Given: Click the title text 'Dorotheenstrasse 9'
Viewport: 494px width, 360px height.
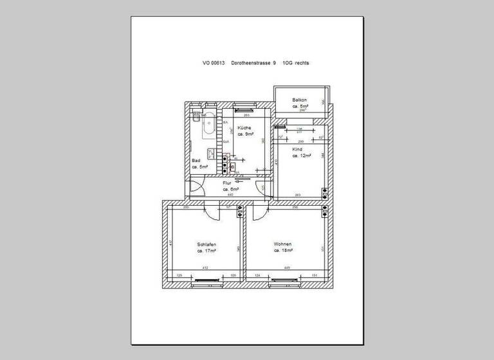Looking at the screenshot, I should click(x=253, y=63).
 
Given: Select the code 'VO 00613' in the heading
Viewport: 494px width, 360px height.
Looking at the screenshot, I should click(x=214, y=63).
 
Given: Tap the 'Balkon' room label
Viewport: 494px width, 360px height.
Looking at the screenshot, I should click(x=299, y=100).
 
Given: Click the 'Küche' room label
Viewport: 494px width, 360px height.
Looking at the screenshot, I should click(x=244, y=129).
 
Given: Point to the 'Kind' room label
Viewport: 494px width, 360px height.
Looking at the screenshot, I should click(x=297, y=149).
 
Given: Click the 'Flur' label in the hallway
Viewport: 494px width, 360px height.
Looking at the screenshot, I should click(x=228, y=183).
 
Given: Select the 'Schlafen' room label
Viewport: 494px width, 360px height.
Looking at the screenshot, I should click(x=206, y=244).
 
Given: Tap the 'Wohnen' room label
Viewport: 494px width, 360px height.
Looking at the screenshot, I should click(x=283, y=244).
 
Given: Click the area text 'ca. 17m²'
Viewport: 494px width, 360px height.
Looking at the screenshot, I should click(x=206, y=251).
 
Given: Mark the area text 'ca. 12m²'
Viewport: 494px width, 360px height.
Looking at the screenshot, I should click(x=302, y=156).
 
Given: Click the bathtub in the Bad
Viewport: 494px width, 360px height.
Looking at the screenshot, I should click(x=210, y=127).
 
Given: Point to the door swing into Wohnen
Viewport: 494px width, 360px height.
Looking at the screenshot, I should click(x=259, y=211).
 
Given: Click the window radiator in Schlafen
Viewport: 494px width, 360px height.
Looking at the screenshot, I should click(x=206, y=280).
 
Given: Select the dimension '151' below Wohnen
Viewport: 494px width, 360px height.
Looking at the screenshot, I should click(x=315, y=275).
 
